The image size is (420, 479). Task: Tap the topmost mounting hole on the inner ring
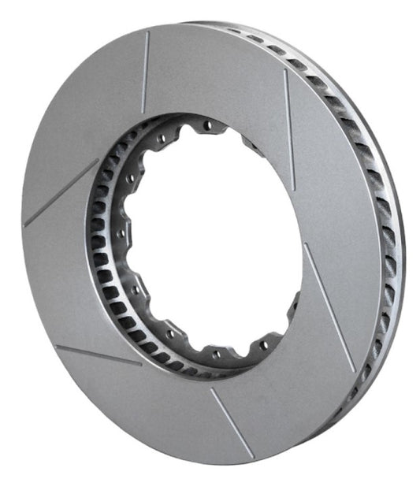point(209,125)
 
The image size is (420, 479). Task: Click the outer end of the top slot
point(149,33)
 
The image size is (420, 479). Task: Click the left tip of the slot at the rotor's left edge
point(26,225)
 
